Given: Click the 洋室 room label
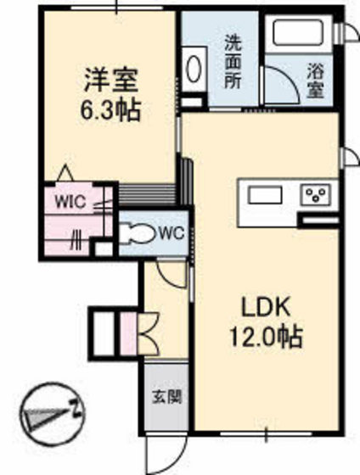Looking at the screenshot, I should coord(110,81).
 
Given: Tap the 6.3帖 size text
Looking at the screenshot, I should coord(111,109).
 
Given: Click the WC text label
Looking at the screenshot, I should coord(172,232).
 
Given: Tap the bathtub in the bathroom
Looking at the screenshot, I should coord(298,35).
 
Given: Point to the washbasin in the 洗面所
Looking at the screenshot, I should coord(193,69).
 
